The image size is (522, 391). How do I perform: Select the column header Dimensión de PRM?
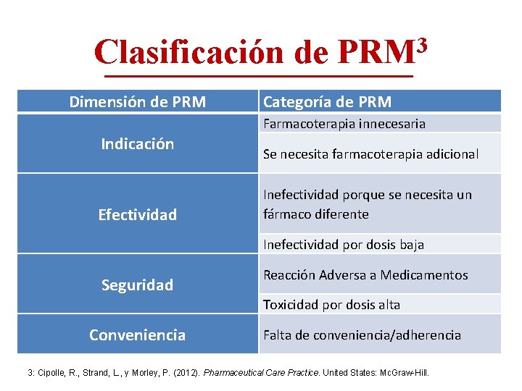click(137, 102)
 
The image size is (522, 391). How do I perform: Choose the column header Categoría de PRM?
click(327, 102)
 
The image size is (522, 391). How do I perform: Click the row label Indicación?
click(137, 144)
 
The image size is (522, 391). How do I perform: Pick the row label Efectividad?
click(137, 215)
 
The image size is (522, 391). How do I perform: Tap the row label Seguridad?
click(137, 285)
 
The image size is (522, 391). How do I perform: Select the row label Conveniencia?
click(137, 335)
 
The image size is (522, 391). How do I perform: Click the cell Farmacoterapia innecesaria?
click(344, 124)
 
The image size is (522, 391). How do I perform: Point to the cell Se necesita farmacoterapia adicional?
click(370, 154)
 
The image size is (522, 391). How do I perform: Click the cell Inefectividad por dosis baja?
click(343, 245)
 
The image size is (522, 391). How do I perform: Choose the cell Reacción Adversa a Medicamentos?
click(365, 275)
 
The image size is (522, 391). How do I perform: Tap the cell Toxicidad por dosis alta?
click(331, 305)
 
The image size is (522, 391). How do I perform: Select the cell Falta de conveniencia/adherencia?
click(362, 335)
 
